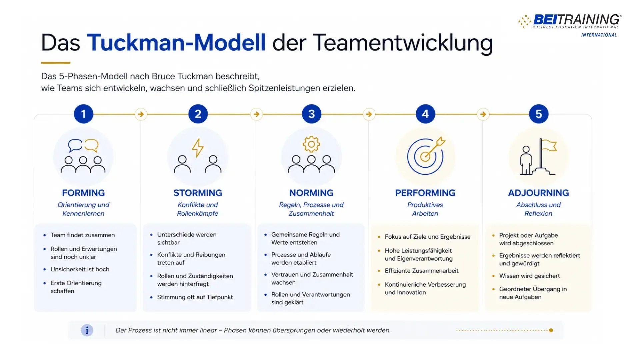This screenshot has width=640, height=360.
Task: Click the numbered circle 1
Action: (83, 114)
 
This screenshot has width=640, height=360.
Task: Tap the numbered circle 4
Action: (425, 114)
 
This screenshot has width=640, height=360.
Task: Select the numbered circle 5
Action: (539, 114)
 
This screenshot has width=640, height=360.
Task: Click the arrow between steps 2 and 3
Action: (256, 114)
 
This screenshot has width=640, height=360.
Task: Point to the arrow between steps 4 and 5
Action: (483, 114)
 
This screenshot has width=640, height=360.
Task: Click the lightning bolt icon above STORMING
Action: (198, 148)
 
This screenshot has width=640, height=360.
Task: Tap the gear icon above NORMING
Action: (311, 144)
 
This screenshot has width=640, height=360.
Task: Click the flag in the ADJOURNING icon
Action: (549, 145)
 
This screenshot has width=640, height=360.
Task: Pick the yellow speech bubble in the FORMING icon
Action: (92, 145)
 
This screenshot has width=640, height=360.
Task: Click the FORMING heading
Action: (83, 193)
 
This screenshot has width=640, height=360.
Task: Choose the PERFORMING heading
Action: (425, 193)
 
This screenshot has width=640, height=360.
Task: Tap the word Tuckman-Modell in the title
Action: (176, 43)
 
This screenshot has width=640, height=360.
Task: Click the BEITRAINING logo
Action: (570, 25)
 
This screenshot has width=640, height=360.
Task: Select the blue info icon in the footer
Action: (87, 330)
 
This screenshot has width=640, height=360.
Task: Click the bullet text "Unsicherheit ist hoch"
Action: (80, 269)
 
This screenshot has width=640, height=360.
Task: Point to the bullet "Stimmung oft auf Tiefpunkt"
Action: (195, 297)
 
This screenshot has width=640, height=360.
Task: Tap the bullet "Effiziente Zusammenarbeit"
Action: (422, 271)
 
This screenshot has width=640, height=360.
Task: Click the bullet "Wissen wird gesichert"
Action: (530, 276)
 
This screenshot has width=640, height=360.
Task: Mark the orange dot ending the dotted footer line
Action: (551, 330)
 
